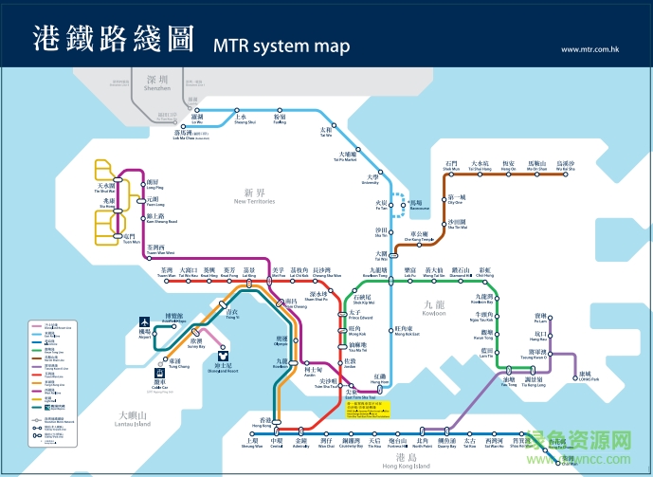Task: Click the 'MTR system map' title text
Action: [x=281, y=46]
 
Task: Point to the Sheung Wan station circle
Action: [x=251, y=428]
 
